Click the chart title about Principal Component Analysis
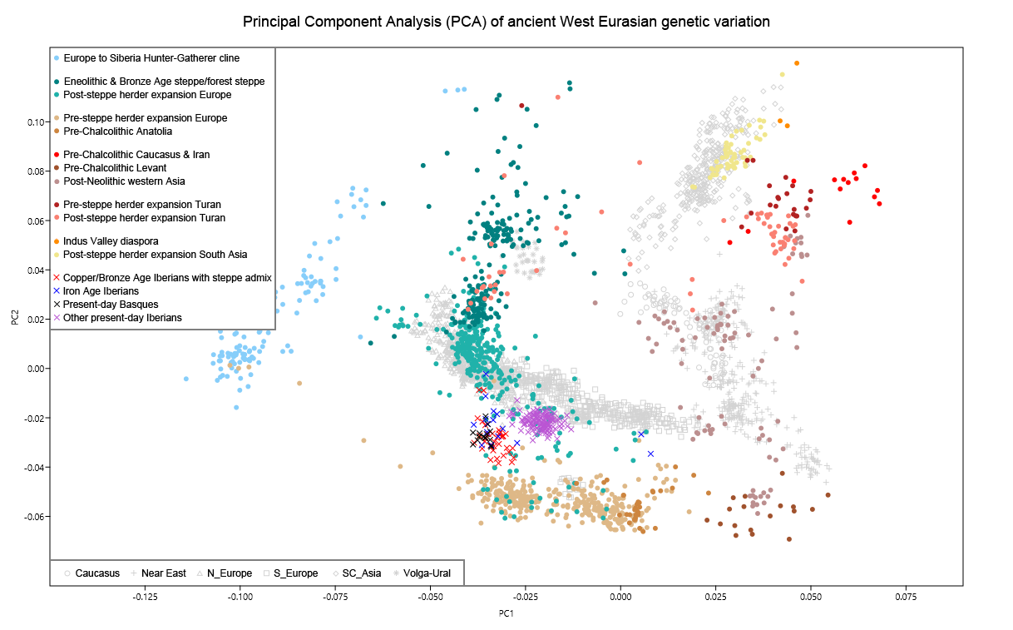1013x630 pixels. pos(506,21)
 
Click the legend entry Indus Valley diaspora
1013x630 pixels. pos(111,241)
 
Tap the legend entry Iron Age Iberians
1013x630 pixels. pos(101,291)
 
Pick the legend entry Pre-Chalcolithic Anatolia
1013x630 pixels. pos(117,131)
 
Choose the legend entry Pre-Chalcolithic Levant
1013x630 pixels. pos(115,168)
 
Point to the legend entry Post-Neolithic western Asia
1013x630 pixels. pos(124,181)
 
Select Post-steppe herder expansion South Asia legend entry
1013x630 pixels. pos(155,255)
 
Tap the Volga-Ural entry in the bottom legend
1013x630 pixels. pos(431,573)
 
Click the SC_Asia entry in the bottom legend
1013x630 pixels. pos(361,573)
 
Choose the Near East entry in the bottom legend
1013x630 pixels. pos(163,573)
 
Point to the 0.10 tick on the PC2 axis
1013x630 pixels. pos(34,122)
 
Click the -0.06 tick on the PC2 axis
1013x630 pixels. pos(32,517)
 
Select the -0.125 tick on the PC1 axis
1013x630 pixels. pos(146,597)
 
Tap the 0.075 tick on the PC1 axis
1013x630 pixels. pos(906,597)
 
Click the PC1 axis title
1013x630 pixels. pos(506,613)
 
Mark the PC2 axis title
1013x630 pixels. pos(15,318)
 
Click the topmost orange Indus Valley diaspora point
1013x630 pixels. pos(796,63)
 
